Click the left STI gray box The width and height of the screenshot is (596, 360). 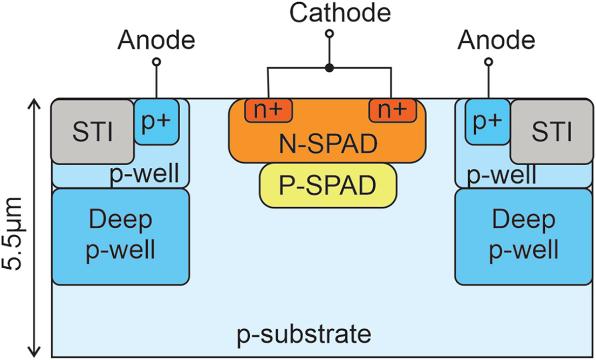coord(92,131)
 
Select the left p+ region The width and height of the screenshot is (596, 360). coord(156,121)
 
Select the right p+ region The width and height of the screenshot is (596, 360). coord(487,121)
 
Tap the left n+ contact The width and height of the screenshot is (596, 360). coord(269,111)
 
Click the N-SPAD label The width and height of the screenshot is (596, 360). coord(328,144)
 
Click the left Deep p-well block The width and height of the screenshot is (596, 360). coord(121,236)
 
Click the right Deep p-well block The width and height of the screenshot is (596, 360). coord(523,236)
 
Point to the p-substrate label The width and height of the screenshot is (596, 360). coord(304,335)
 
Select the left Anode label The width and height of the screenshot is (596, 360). coord(156,40)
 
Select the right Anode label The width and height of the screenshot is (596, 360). coord(496,40)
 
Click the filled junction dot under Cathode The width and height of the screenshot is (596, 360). coord(329,68)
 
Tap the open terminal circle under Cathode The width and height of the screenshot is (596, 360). coord(329,34)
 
